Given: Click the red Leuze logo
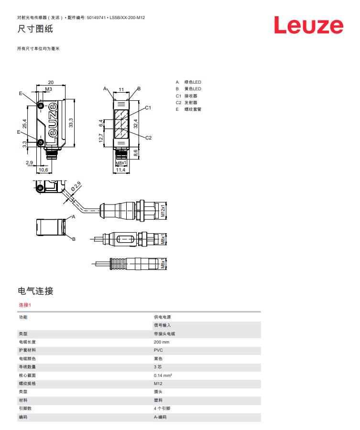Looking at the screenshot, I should [x=308, y=26].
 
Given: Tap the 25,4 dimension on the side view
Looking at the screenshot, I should [x=24, y=123].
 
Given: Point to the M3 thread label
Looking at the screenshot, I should [x=48, y=89].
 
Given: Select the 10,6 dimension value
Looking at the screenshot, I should [x=43, y=170].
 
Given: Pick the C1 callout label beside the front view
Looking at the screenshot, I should [x=148, y=107].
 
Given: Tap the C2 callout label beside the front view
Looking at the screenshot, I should [x=148, y=138].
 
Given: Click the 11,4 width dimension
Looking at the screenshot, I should [x=121, y=170].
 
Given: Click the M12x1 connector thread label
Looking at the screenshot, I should [x=163, y=211].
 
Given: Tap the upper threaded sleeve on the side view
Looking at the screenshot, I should [x=41, y=105].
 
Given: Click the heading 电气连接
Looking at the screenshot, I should [x=35, y=290].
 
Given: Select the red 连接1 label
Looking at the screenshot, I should [x=25, y=305].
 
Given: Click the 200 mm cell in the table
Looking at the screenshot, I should [x=162, y=342].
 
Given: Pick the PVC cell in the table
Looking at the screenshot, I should [x=158, y=350].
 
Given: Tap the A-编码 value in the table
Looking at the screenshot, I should [x=161, y=417].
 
